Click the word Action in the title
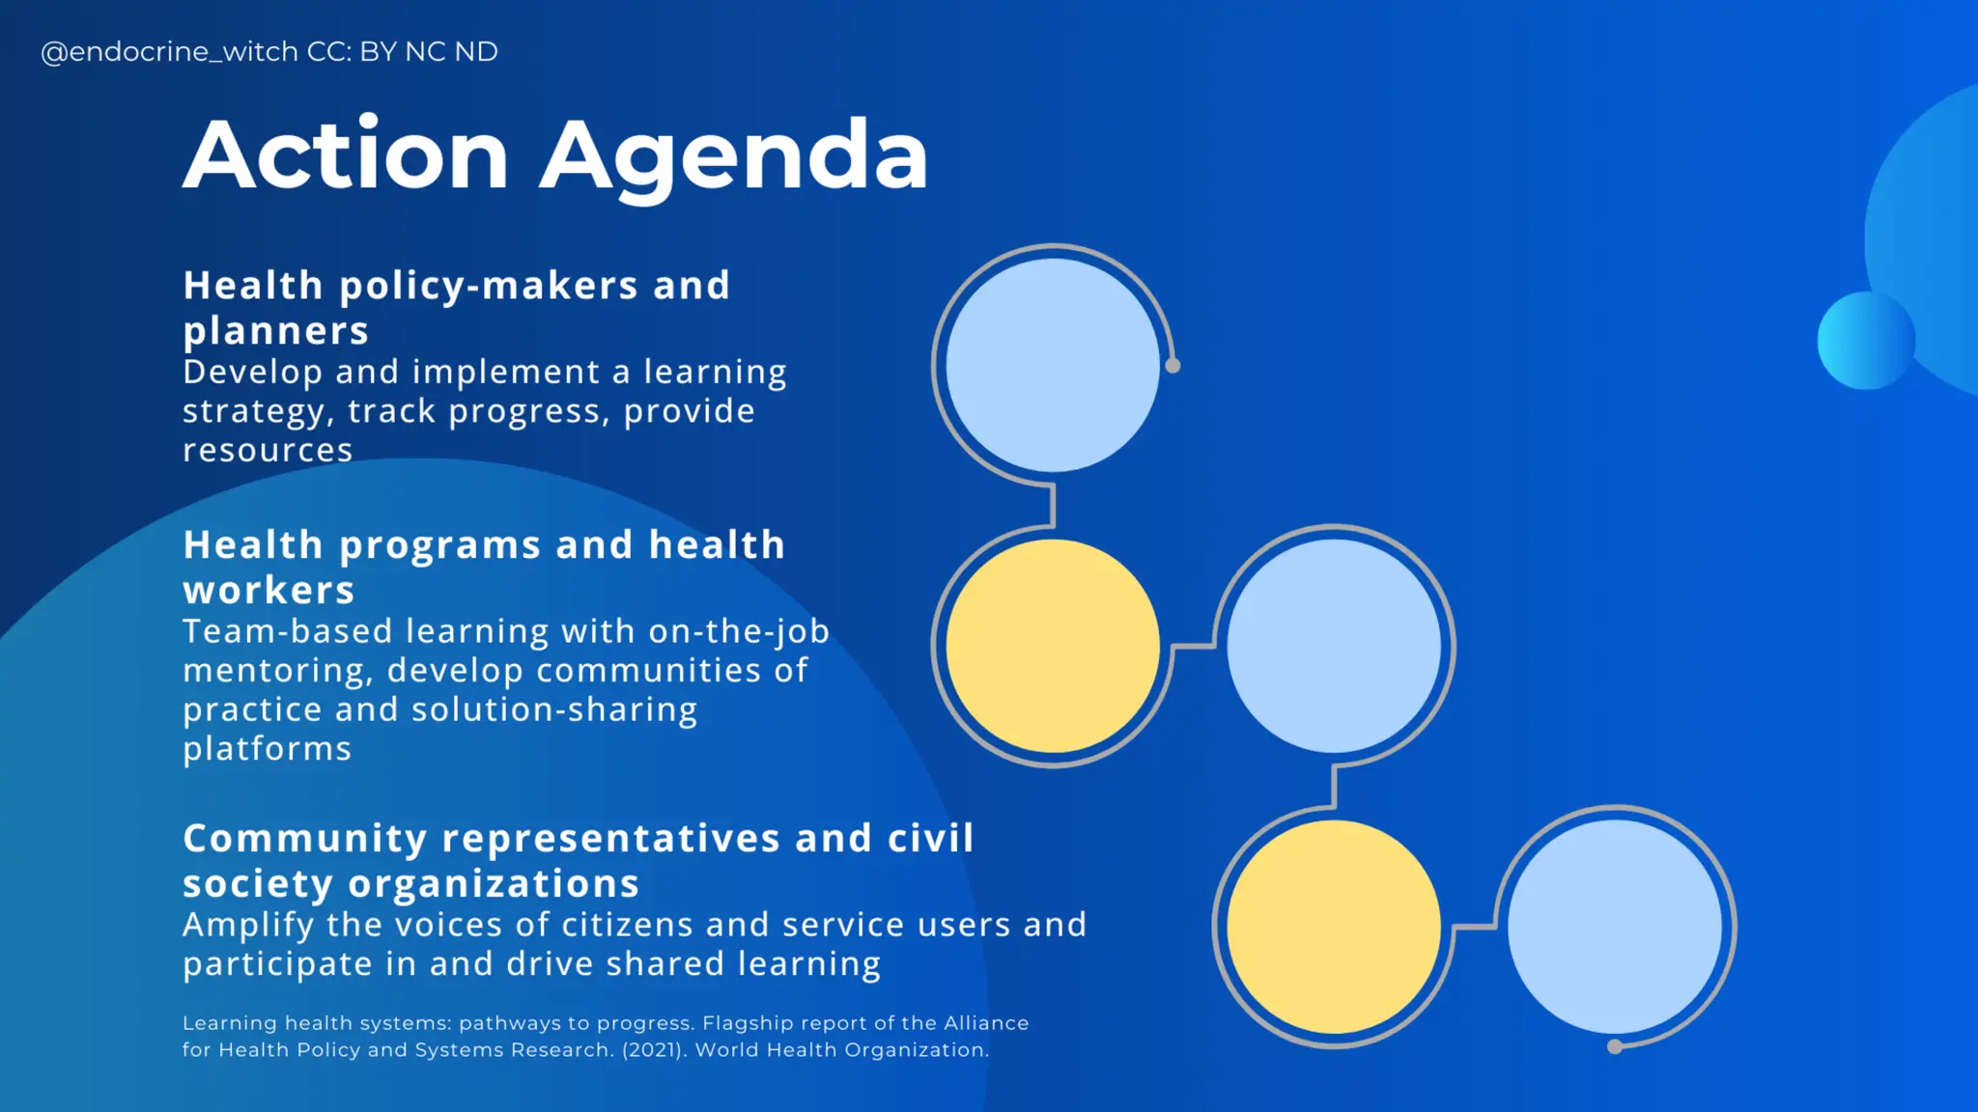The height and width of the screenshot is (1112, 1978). [x=345, y=156]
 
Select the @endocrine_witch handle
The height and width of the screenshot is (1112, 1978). [x=160, y=52]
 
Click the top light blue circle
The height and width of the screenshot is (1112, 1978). [x=1053, y=365]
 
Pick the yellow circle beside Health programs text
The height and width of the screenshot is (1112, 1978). [x=1053, y=646]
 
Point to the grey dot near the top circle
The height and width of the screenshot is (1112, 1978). [x=1173, y=366]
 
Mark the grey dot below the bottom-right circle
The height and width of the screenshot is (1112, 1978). [x=1614, y=1047]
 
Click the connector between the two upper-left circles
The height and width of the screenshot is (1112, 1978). [x=1053, y=505]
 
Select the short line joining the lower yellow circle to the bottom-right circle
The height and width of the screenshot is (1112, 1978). [x=1474, y=928]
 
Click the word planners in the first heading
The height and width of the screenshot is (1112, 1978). [x=276, y=332]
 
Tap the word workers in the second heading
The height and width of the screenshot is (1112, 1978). [x=269, y=591]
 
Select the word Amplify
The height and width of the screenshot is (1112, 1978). [x=248, y=926]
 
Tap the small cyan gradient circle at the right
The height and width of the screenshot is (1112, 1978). [x=1865, y=341]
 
